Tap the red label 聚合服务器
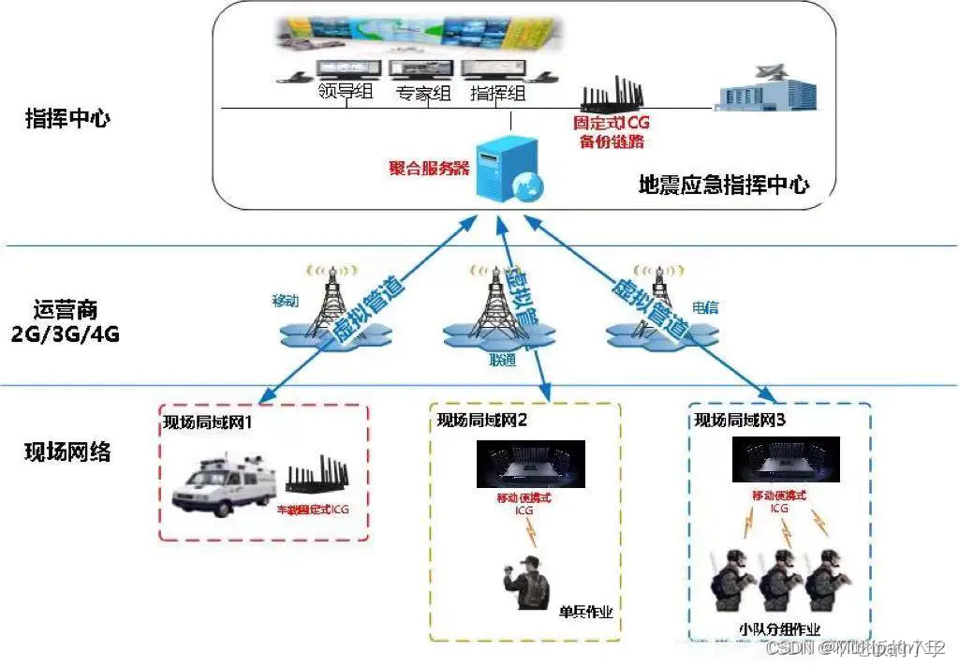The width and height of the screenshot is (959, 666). [x=430, y=169]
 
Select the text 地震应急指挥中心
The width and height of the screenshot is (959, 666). [x=723, y=185]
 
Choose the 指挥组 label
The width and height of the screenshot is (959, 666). [x=496, y=93]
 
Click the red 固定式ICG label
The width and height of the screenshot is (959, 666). [x=612, y=123]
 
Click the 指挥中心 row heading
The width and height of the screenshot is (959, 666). [x=68, y=120]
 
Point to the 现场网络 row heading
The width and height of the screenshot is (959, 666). [x=67, y=452]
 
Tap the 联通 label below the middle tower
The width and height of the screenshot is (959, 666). [x=501, y=360]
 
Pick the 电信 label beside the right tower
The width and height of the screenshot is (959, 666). [x=705, y=306]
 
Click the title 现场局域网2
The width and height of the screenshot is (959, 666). [x=482, y=420]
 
